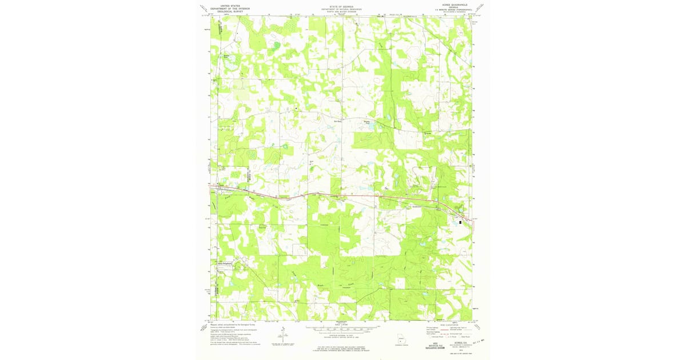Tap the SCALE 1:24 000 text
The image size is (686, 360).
tap(341, 325)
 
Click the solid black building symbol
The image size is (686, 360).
tap(461, 222)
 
